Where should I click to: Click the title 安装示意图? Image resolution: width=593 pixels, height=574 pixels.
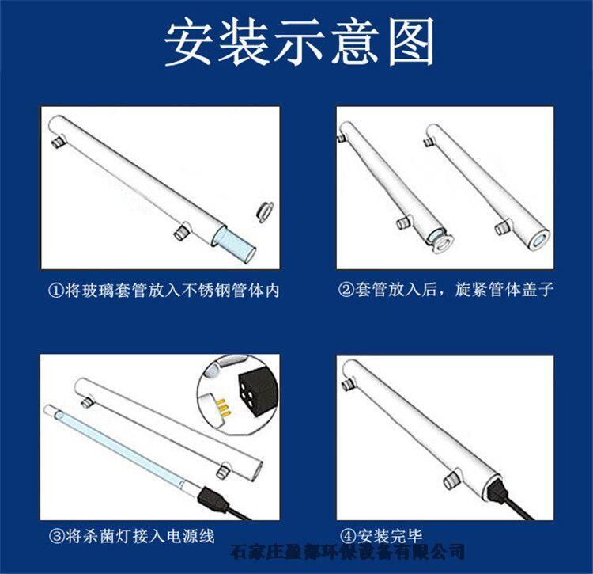pyautogui.click(x=299, y=43)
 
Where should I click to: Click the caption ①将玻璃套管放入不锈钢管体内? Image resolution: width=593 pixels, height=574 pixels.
pyautogui.click(x=164, y=291)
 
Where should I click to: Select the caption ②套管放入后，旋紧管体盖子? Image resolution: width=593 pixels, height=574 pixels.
pyautogui.click(x=446, y=290)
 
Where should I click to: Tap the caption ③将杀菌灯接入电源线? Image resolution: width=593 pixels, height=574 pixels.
pyautogui.click(x=131, y=536)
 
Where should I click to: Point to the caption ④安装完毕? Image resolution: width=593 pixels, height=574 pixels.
pyautogui.click(x=381, y=536)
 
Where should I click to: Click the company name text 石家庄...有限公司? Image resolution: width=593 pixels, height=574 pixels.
pyautogui.click(x=348, y=552)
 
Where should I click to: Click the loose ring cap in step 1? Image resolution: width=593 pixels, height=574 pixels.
pyautogui.click(x=265, y=211)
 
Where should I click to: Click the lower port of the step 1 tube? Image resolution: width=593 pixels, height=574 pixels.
pyautogui.click(x=182, y=232)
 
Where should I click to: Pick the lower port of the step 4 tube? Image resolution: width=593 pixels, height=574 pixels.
pyautogui.click(x=451, y=480)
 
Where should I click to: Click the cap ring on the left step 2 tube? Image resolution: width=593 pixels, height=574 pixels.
pyautogui.click(x=437, y=241)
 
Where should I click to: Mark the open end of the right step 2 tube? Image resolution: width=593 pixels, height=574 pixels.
pyautogui.click(x=538, y=241)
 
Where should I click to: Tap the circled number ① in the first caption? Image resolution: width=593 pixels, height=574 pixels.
pyautogui.click(x=55, y=291)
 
